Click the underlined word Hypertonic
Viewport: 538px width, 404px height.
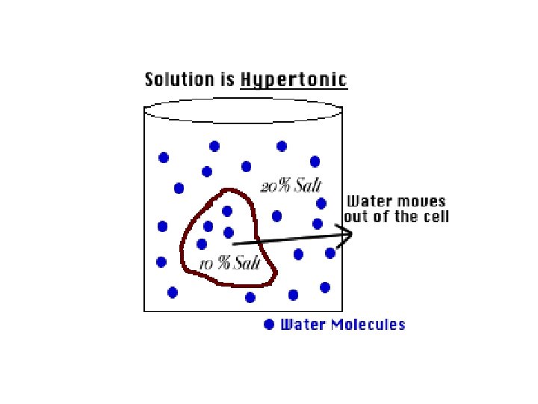pyautogui.click(x=294, y=80)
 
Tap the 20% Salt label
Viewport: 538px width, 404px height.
pyautogui.click(x=285, y=186)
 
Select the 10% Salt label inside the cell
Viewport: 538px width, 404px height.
pyautogui.click(x=229, y=263)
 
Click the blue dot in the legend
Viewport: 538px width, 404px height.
pyautogui.click(x=270, y=325)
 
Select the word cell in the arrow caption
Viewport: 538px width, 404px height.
pyautogui.click(x=436, y=217)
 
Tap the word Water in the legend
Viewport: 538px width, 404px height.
pyautogui.click(x=303, y=325)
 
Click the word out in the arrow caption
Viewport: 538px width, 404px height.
pyautogui.click(x=356, y=217)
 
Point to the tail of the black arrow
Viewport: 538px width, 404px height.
pyautogui.click(x=234, y=243)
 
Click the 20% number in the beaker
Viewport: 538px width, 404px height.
pyautogui.click(x=270, y=186)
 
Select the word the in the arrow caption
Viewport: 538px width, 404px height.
pyautogui.click(x=404, y=217)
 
